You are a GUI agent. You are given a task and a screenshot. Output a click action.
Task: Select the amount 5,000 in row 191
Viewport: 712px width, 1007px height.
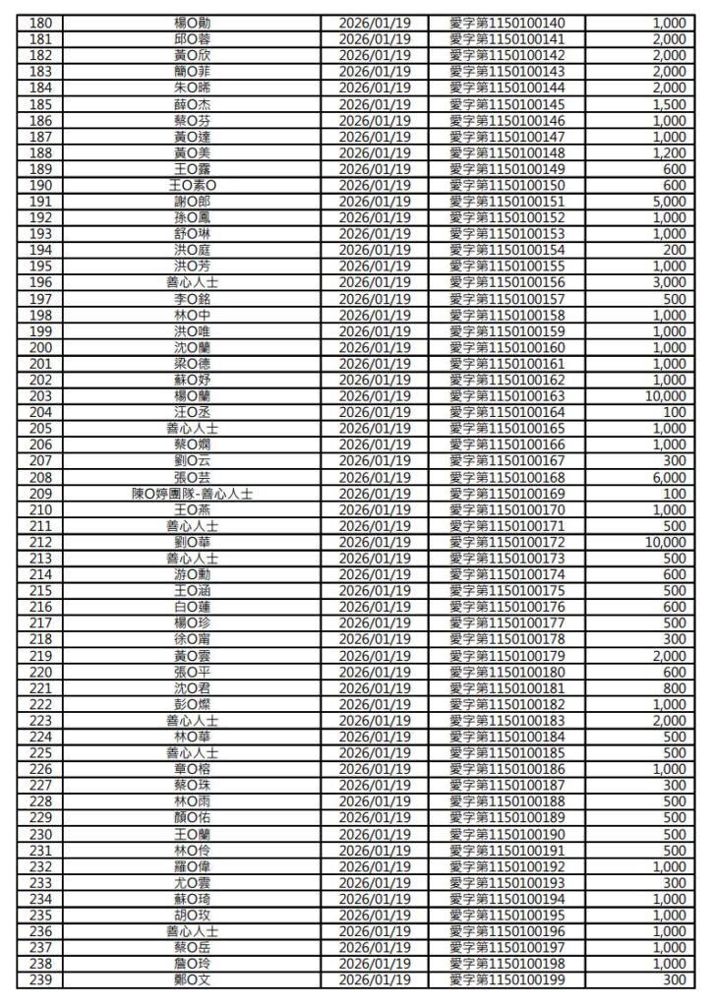[x=668, y=202]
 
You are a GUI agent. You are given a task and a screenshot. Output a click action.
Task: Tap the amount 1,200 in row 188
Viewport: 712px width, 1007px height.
[x=668, y=152]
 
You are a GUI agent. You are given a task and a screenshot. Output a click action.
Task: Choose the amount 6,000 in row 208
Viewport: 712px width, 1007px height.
[x=668, y=477]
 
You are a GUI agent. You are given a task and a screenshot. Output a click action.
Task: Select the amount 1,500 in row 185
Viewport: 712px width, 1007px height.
[x=668, y=104]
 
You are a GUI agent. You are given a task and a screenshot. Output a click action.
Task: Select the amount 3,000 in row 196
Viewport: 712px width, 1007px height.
[x=668, y=282]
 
